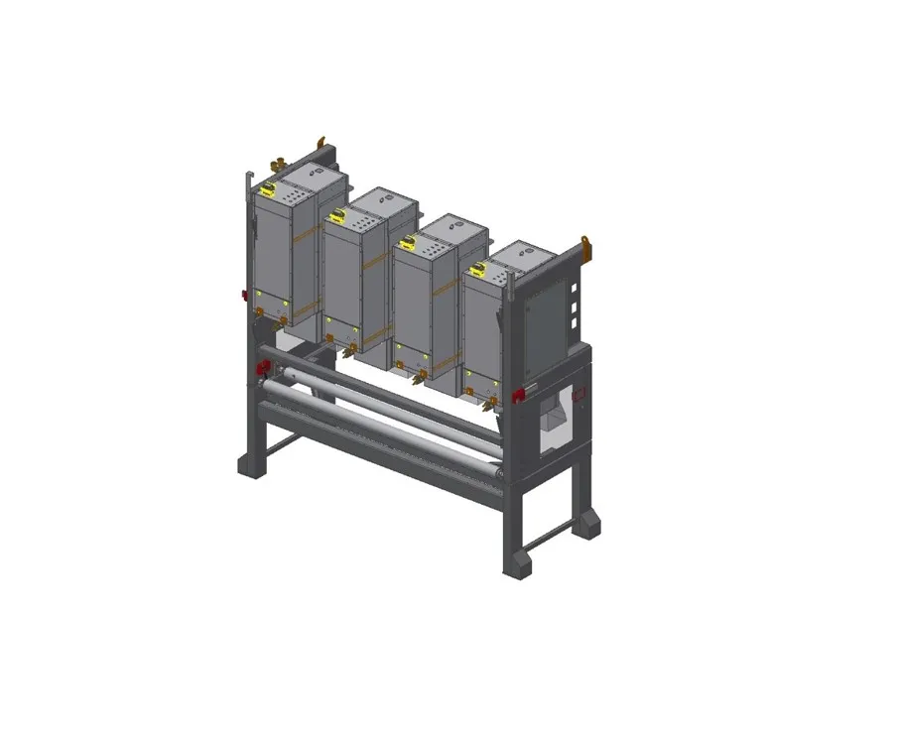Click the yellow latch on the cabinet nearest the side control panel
[x=478, y=268]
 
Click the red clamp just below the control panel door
[x=518, y=395]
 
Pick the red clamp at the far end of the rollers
[x=263, y=367]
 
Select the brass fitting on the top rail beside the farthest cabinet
[x=279, y=160]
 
